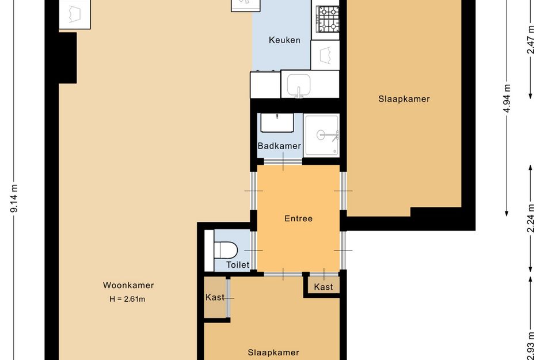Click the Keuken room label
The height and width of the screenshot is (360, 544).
tap(284, 40)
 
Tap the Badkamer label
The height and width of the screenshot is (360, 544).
tap(279, 146)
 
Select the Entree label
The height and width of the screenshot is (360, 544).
tap(298, 218)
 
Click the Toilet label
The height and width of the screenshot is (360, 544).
tap(238, 265)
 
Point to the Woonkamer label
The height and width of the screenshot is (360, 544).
tap(128, 285)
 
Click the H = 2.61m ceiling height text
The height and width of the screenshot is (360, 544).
tap(127, 299)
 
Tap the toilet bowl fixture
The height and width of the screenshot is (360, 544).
tap(226, 250)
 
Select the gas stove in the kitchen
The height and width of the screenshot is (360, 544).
tap(327, 19)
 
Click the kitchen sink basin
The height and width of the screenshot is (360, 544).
tap(298, 85)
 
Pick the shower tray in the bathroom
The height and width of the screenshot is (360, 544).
tap(322, 135)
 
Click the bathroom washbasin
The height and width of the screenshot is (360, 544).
tap(277, 123)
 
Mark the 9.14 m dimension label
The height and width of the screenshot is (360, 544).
tap(14, 198)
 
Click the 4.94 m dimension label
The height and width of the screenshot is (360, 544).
tap(507, 98)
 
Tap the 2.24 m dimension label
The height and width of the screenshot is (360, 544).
tap(530, 218)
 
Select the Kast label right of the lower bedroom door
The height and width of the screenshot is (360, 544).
tap(324, 287)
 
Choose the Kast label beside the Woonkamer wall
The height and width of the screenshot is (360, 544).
tap(215, 298)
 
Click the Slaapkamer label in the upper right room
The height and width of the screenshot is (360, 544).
tap(404, 99)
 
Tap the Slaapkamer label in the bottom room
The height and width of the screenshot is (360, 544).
tap(273, 353)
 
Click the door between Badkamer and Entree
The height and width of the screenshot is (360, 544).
tap(283, 162)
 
